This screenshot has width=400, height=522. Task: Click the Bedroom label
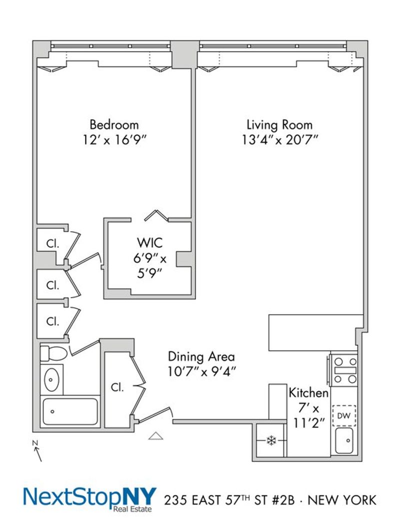114,125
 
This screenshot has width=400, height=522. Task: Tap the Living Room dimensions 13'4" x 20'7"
280,140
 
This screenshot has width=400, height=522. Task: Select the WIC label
149,243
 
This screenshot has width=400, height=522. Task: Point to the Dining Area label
201,356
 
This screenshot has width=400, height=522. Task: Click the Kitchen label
308,393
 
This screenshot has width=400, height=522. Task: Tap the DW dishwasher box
344,416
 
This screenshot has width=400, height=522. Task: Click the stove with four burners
345,370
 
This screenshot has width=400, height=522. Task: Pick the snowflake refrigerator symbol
271,441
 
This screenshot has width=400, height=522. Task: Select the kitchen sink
344,440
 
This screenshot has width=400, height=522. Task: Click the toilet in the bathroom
53,353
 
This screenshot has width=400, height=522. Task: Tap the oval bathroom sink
51,379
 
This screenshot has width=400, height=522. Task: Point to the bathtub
70,411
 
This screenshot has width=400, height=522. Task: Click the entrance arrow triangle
155,436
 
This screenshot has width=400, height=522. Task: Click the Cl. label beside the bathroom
117,387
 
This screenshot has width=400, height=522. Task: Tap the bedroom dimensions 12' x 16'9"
114,140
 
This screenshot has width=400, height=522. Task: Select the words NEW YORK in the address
342,500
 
